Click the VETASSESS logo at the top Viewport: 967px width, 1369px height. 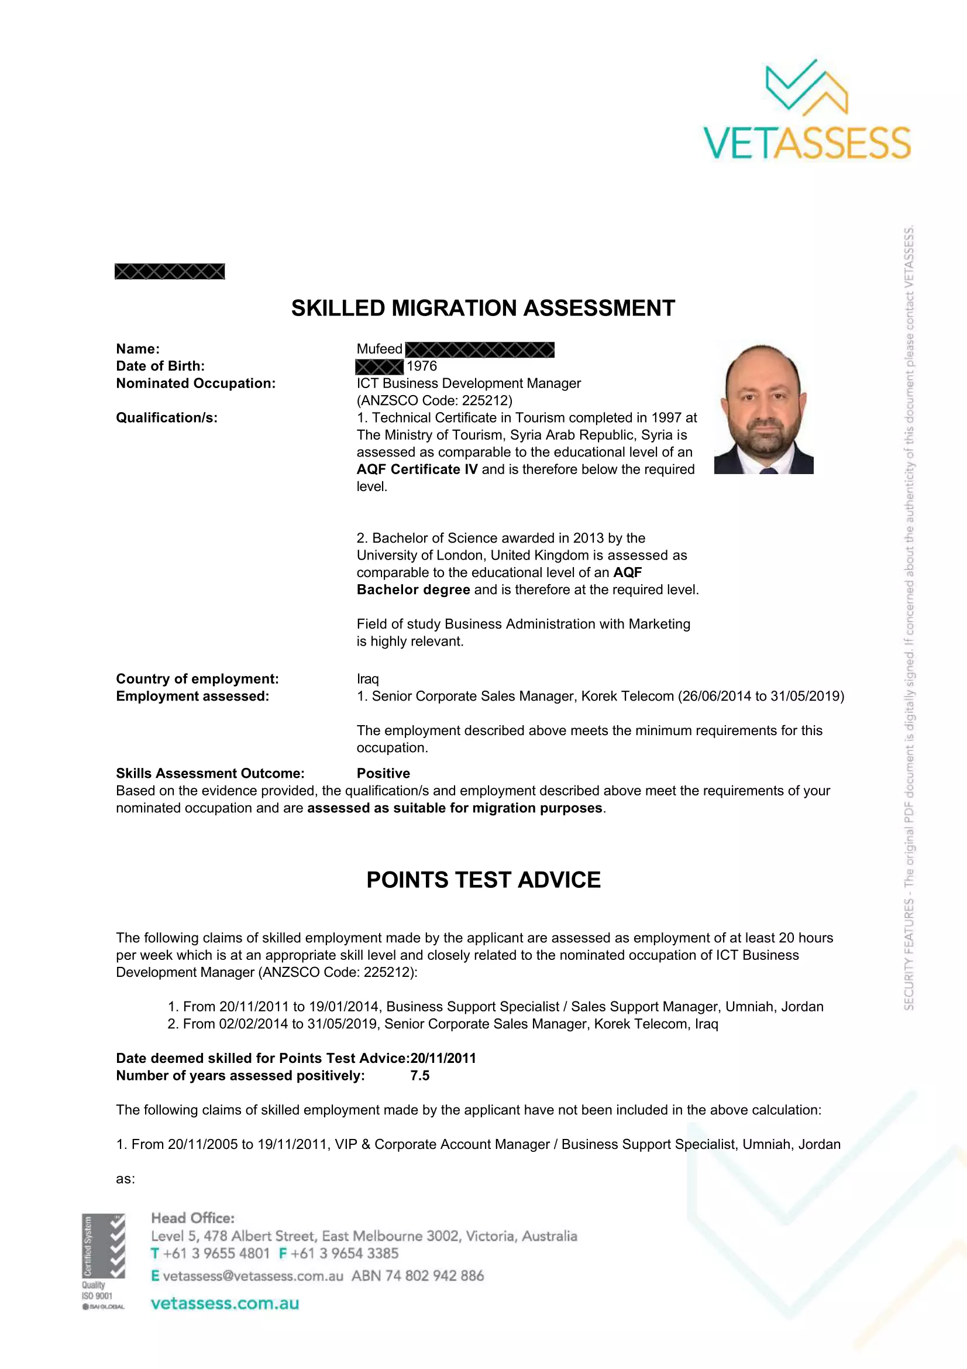807,110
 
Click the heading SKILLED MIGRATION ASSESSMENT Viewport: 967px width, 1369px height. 483,308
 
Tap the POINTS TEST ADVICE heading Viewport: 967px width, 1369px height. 483,880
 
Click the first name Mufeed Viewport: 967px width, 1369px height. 380,349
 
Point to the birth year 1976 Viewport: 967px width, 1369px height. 422,366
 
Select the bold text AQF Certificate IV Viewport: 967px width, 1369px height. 417,470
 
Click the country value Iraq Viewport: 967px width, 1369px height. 367,679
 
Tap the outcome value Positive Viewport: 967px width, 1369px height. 383,773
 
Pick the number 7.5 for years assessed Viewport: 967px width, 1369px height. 420,1076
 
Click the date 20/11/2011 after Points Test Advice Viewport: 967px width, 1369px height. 443,1058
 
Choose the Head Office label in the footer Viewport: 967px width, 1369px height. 192,1218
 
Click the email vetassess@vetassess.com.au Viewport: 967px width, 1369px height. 253,1276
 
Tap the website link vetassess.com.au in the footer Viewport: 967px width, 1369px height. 225,1303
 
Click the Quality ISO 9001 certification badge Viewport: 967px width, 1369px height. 103,1262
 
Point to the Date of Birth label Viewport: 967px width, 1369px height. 160,366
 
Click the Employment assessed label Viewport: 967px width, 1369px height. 192,696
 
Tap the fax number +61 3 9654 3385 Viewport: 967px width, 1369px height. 345,1253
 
